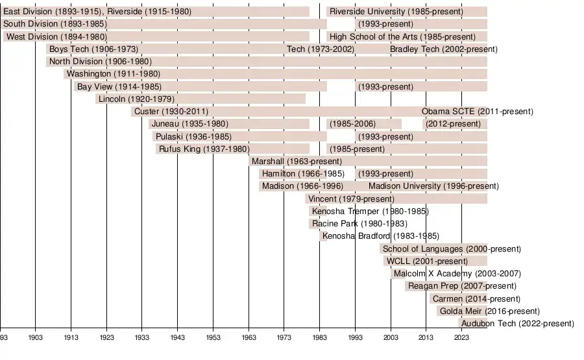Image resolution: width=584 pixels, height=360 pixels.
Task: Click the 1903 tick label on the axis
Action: (35, 338)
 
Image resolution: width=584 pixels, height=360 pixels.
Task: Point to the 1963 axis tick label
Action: (248, 338)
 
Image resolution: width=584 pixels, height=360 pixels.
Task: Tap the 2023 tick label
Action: (461, 338)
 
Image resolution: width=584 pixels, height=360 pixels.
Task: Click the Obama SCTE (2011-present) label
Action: (477, 112)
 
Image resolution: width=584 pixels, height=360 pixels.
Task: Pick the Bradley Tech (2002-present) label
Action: (443, 49)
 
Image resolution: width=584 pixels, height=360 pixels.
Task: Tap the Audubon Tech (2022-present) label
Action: (517, 324)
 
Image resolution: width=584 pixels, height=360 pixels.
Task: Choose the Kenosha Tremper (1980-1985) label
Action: (370, 211)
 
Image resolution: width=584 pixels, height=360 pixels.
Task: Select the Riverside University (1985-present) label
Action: (396, 12)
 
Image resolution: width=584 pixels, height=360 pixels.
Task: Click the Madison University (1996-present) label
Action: (433, 186)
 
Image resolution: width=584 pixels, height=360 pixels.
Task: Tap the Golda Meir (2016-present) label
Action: (489, 311)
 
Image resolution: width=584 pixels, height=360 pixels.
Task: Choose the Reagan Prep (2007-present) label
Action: (462, 286)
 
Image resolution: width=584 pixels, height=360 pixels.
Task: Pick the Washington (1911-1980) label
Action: (113, 74)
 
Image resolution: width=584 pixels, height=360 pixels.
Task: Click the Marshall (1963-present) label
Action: (296, 162)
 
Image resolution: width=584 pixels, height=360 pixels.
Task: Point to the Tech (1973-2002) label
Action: (321, 49)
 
